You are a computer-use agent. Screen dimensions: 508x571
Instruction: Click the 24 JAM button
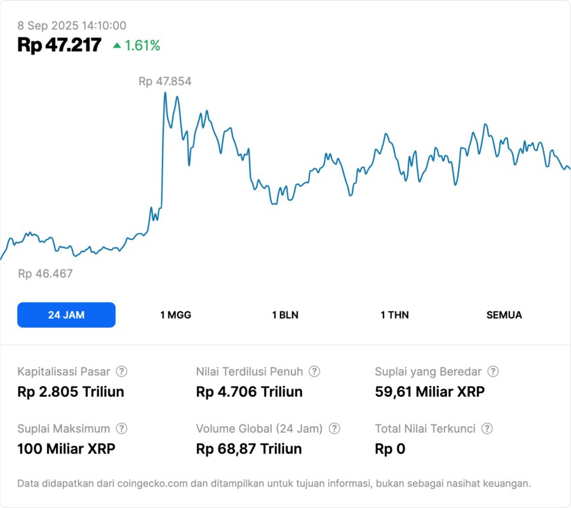[66, 315]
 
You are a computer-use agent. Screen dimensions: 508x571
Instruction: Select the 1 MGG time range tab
[175, 315]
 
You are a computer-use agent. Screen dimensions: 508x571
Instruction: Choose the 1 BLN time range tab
[285, 315]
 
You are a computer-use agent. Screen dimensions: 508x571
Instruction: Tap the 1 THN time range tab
[394, 315]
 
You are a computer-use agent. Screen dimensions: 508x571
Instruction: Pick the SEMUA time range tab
[504, 315]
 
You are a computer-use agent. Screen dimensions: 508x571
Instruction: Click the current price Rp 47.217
[59, 45]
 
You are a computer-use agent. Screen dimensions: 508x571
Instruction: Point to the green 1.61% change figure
[142, 46]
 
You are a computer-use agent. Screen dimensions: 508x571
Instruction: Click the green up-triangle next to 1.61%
[116, 46]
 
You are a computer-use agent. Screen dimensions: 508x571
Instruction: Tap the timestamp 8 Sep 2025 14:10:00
[72, 26]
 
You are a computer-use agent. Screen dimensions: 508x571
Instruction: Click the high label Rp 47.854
[165, 81]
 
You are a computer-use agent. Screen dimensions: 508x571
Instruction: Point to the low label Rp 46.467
[45, 274]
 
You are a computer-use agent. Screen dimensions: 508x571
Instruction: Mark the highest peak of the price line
[165, 93]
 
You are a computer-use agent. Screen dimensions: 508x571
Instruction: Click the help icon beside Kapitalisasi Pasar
[121, 371]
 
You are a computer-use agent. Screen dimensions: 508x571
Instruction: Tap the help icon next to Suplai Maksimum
[121, 429]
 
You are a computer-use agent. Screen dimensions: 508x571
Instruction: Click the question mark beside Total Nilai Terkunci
[487, 429]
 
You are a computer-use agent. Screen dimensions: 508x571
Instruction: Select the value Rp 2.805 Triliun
[71, 392]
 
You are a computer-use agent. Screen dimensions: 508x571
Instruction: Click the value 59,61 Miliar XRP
[429, 392]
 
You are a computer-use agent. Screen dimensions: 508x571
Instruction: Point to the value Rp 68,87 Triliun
[249, 449]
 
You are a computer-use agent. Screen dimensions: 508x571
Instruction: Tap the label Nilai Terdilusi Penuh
[250, 371]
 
